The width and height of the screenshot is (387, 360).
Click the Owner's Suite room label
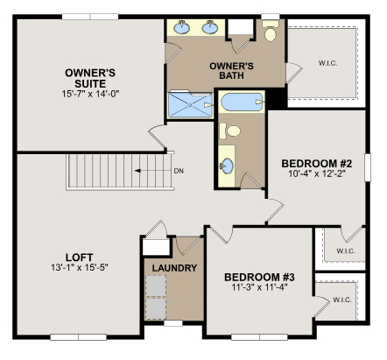[90, 78]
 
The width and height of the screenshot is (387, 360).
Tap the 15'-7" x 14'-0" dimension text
[90, 94]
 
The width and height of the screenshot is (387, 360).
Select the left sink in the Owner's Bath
[182, 27]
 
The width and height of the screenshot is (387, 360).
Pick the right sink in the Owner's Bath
[210, 27]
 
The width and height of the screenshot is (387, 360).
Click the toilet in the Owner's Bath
[271, 31]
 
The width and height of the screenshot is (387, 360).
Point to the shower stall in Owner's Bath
[190, 105]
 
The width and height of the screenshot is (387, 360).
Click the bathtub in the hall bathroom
[242, 102]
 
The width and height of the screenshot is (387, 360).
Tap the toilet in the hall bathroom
[230, 131]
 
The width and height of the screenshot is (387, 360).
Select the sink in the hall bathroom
[227, 166]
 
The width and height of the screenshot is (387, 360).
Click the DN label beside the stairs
[179, 171]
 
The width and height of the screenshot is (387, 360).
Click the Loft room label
[80, 258]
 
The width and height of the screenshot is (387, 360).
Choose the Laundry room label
[174, 268]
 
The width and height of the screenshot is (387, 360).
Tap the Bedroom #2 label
[317, 164]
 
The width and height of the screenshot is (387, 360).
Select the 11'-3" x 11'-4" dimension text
[260, 287]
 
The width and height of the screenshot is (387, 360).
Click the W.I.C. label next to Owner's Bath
[328, 63]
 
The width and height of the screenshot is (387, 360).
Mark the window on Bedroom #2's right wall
[368, 167]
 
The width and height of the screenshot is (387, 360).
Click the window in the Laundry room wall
[173, 323]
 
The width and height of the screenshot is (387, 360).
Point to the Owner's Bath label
[231, 71]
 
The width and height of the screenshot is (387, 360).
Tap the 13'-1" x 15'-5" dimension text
[80, 267]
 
